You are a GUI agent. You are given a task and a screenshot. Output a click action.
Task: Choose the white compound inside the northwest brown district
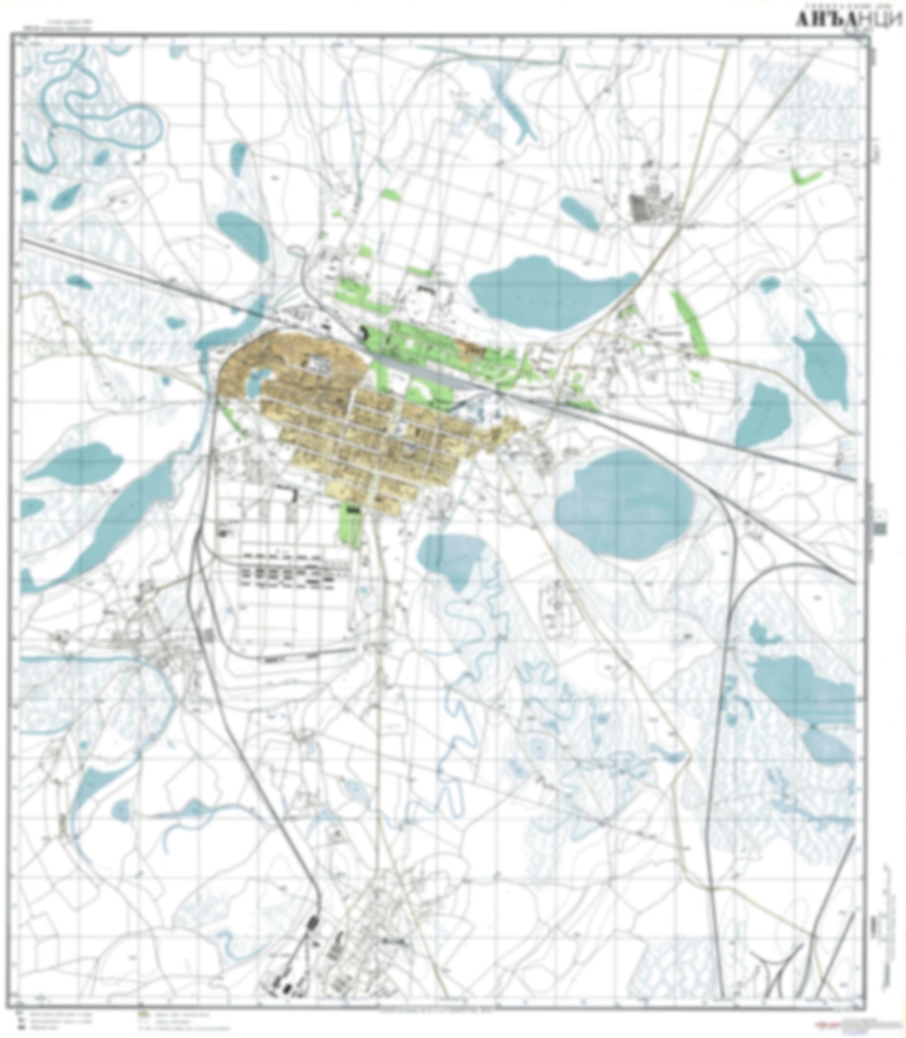(317, 363)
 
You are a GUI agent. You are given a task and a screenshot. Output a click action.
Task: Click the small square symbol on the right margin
(880, 528)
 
